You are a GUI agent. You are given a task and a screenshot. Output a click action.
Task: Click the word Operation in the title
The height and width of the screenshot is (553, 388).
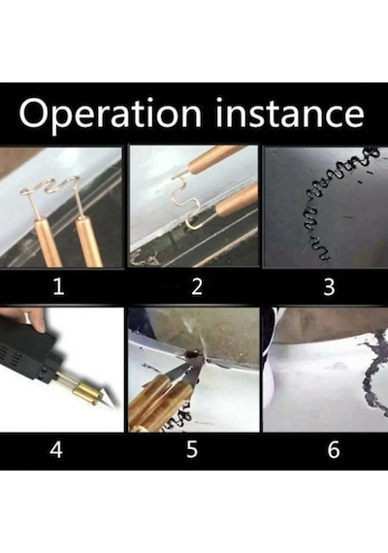pyautogui.click(x=110, y=114)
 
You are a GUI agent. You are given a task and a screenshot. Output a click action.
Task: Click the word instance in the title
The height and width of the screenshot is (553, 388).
pyautogui.click(x=290, y=113)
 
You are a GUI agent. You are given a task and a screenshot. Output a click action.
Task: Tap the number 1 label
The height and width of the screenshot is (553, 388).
pyautogui.click(x=58, y=286)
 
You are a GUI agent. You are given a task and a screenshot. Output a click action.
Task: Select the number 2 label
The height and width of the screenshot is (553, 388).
pyautogui.click(x=197, y=286)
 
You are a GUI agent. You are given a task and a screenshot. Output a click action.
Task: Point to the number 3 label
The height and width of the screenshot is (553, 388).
pyautogui.click(x=329, y=286)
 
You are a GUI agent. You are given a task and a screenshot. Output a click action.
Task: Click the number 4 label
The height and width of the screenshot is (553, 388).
pyautogui.click(x=56, y=449)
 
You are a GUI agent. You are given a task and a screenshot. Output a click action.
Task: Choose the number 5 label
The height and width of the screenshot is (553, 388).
pyautogui.click(x=192, y=449)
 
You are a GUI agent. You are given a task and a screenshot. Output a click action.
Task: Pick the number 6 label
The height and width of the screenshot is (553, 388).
pyautogui.click(x=334, y=449)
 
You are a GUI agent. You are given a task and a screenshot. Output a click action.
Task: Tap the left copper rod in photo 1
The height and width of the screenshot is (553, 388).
pyautogui.click(x=48, y=244)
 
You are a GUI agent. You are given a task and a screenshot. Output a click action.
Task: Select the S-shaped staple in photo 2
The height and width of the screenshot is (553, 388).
pyautogui.click(x=185, y=201)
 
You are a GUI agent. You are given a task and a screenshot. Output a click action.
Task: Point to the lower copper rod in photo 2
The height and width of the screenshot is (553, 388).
pyautogui.click(x=237, y=200)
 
